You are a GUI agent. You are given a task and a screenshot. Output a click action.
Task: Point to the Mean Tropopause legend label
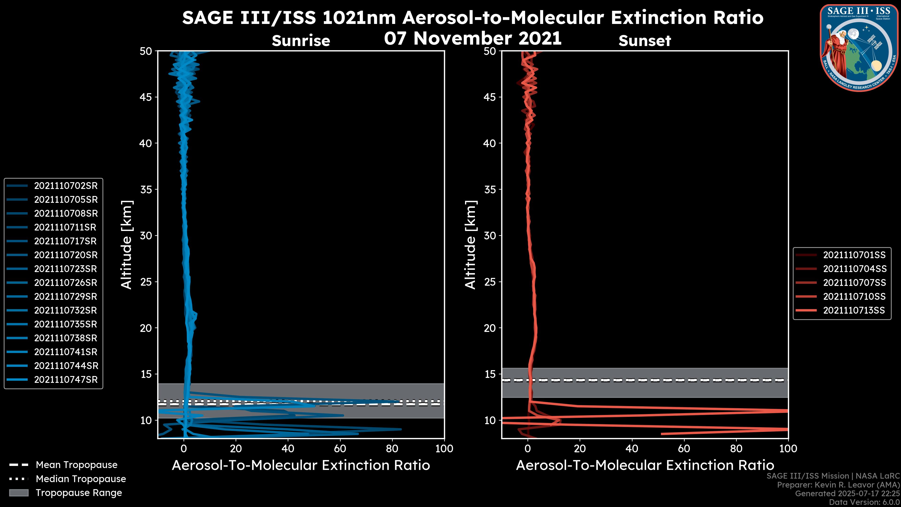(x=76, y=465)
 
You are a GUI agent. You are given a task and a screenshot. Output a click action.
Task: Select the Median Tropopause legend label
(x=81, y=479)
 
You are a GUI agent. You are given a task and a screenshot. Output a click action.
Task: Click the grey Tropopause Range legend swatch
(x=19, y=493)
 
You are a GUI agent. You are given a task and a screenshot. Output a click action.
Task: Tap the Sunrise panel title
(x=301, y=41)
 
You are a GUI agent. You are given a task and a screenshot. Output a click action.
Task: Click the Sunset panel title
(x=645, y=41)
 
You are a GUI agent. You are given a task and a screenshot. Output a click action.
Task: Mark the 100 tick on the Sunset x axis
(x=788, y=449)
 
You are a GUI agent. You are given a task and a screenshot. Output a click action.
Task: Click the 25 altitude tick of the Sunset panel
(x=490, y=282)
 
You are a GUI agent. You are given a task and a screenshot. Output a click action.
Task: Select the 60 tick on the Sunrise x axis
(x=340, y=449)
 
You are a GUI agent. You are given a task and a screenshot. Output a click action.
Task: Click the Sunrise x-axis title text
(x=301, y=465)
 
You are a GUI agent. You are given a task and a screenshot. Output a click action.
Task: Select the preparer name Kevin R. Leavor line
(x=838, y=485)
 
